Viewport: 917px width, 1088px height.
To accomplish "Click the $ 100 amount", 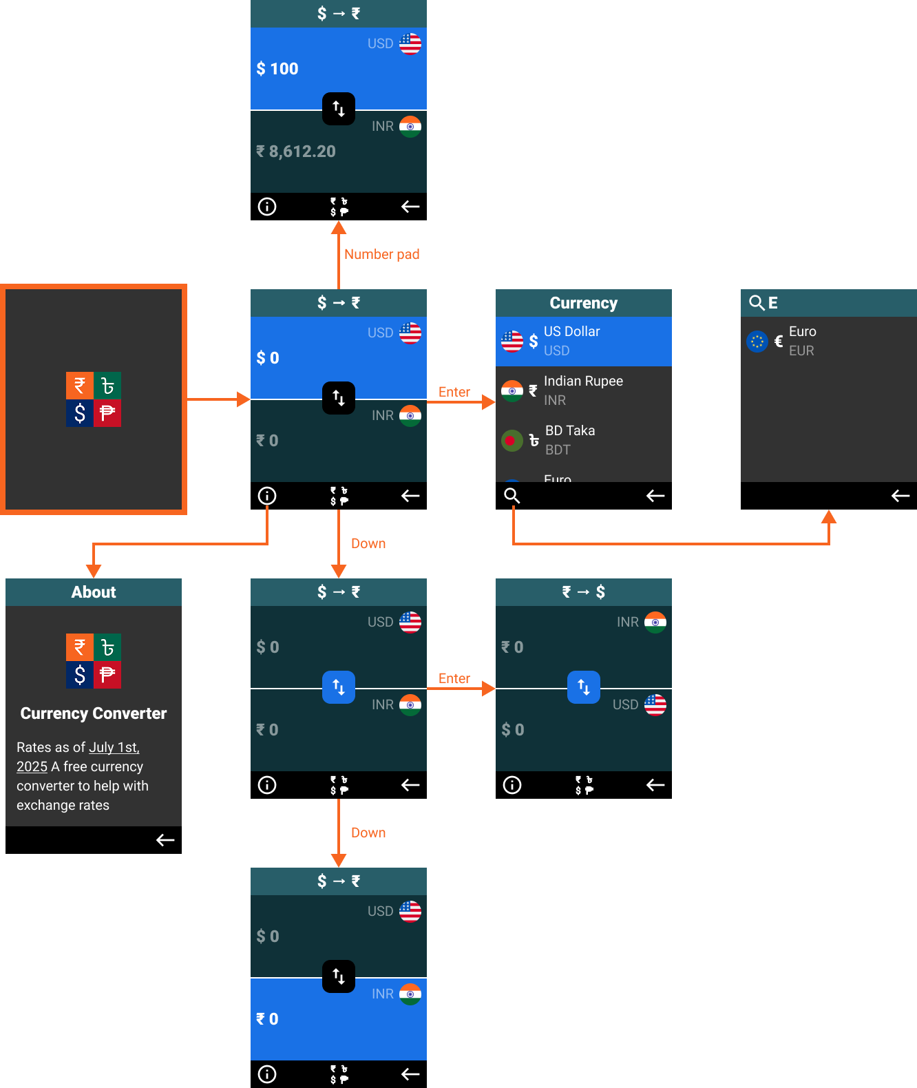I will click(277, 69).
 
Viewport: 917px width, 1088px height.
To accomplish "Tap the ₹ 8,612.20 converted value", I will click(296, 151).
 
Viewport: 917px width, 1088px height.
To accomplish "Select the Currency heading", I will click(583, 303).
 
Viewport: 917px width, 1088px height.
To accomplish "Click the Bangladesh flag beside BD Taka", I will click(512, 441).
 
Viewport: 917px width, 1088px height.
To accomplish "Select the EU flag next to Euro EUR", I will click(757, 342).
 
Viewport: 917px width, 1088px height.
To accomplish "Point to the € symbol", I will click(779, 342).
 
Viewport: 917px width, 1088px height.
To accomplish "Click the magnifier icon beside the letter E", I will click(756, 303).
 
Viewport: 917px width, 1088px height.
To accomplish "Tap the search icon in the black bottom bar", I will click(512, 496).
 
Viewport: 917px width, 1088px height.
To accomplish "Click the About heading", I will click(94, 592).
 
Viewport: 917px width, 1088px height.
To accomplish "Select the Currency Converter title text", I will click(94, 713).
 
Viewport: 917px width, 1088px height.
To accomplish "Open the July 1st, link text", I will click(114, 747).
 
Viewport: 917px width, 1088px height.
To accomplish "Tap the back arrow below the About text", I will click(165, 840).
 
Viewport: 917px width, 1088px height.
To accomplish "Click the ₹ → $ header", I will click(583, 592).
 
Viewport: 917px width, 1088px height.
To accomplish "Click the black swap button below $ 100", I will click(339, 109).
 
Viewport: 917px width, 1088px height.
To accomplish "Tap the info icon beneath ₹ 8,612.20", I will click(267, 207).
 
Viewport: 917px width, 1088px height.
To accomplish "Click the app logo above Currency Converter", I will click(94, 661).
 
